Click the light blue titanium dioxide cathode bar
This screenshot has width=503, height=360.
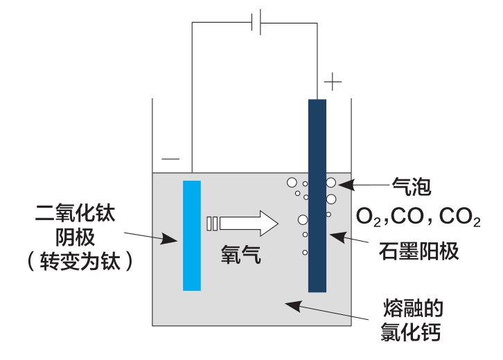point(192,235)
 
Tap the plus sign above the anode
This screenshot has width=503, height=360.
point(333,83)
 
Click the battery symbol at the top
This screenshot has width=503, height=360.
point(256,23)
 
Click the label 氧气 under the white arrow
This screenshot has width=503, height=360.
point(241,255)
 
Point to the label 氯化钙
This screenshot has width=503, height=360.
point(412,332)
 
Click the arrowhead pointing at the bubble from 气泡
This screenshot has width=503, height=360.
point(344,184)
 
